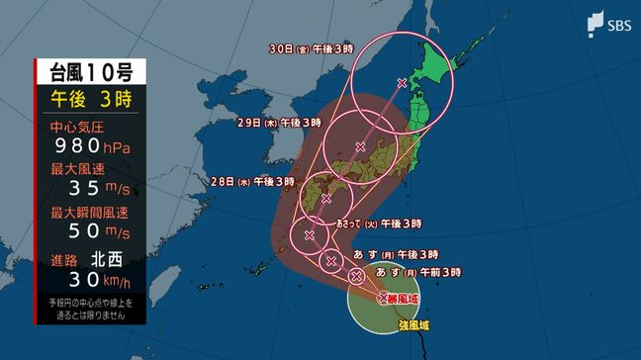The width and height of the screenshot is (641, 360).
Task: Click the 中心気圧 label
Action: point(74,128)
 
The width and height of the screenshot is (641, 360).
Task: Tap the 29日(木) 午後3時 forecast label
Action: point(279,123)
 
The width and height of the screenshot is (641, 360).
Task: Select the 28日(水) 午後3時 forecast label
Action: point(252,182)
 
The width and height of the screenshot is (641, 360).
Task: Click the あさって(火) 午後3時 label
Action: point(380,224)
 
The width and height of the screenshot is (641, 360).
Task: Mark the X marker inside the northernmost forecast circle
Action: point(401,82)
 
